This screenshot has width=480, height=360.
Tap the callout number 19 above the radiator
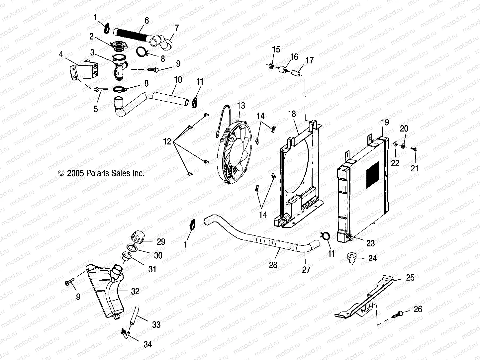385,122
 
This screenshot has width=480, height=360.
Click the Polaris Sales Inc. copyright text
101,173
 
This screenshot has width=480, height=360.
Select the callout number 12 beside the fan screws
167,142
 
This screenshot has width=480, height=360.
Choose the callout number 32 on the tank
135,291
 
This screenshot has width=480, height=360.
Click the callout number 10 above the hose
178,80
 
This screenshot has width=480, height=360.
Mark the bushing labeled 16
283,70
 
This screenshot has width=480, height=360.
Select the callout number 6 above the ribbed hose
146,20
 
